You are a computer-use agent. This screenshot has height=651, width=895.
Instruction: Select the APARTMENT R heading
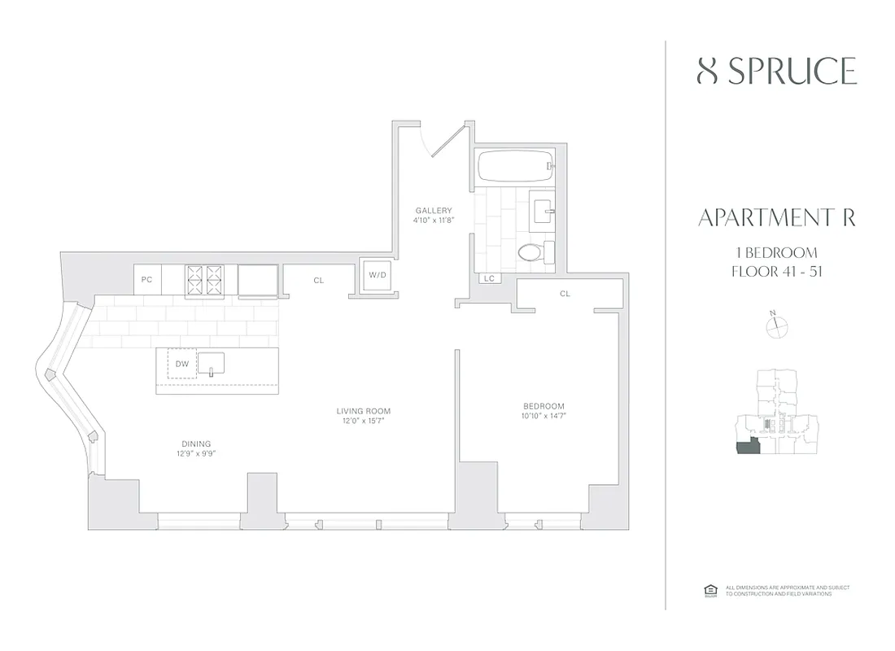click(x=776, y=218)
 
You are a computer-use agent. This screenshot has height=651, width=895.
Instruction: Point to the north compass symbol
click(x=778, y=326)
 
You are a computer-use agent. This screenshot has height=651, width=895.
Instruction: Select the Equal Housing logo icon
click(x=709, y=590)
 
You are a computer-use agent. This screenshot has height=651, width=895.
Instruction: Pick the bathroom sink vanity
click(x=543, y=208)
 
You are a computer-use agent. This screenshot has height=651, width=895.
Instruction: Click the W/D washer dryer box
click(x=378, y=275)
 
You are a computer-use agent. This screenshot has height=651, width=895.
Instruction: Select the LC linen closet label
click(x=489, y=278)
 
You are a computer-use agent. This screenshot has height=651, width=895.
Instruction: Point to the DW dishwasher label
click(x=181, y=365)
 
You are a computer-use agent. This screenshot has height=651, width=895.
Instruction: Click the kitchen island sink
click(x=211, y=364)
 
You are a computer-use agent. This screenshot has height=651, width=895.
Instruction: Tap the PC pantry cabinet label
click(x=146, y=279)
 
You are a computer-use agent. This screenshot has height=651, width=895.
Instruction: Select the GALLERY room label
click(x=433, y=210)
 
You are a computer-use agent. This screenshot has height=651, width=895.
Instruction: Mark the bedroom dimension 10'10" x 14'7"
click(x=544, y=416)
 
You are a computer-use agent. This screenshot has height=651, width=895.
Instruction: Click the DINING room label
click(x=196, y=443)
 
